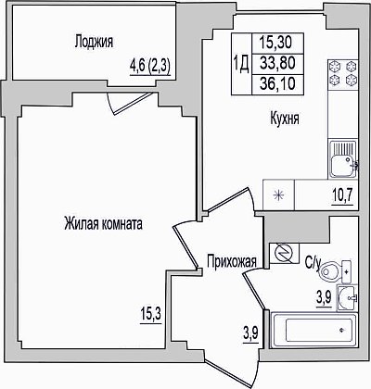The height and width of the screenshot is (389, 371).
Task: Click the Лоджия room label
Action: [94, 42]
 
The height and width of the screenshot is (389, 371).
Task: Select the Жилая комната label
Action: [103, 224]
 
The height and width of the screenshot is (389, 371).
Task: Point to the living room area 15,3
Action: [151, 315]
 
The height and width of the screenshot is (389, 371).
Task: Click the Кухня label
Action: [285, 119]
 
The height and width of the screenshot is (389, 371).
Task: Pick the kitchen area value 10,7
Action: [342, 194]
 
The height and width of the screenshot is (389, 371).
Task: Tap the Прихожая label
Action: [232, 261]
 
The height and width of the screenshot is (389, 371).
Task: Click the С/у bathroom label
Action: [313, 263]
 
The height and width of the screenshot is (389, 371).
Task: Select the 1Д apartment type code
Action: [241, 64]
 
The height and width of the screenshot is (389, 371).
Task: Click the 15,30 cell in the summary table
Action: [277, 43]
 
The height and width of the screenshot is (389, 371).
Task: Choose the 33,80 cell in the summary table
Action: [277, 64]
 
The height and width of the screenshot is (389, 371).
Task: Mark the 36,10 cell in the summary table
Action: [277, 83]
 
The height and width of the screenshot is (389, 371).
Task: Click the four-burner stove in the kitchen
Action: [343, 73]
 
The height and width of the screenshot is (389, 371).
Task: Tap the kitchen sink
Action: [343, 159]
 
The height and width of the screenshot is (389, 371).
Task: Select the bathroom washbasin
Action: [347, 298]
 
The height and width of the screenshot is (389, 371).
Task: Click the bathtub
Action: [314, 330]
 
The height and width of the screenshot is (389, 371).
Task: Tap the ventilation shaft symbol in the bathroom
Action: [285, 254]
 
